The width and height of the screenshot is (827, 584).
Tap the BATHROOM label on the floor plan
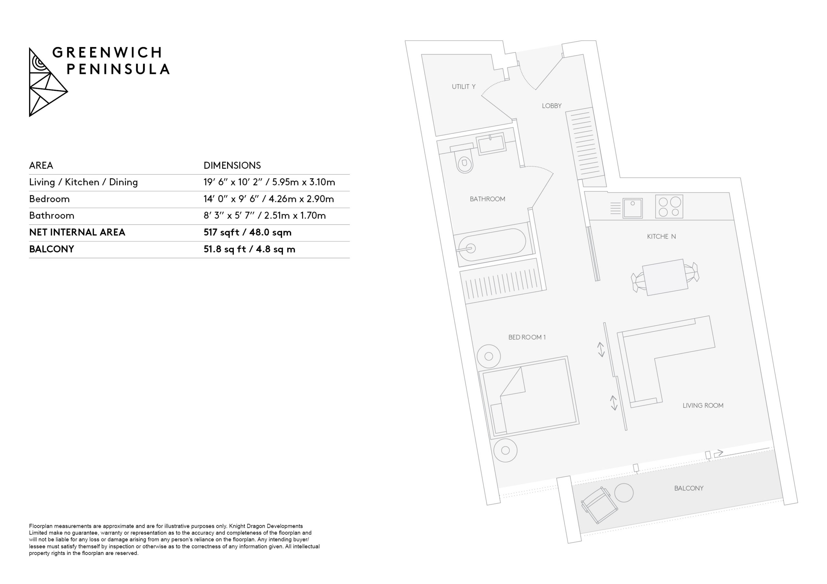click(487, 199)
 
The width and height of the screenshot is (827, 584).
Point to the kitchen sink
click(633, 208)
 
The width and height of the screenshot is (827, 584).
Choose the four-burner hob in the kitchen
click(669, 206)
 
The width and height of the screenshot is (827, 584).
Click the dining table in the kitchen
click(665, 277)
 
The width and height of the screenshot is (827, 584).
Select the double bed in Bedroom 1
click(529, 397)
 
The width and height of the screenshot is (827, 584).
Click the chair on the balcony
click(599, 505)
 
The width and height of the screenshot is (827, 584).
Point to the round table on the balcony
click(624, 493)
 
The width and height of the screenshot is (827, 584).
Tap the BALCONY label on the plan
click(689, 488)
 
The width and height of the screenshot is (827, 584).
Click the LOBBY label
click(551, 106)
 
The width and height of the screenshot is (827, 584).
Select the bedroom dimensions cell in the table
click(269, 199)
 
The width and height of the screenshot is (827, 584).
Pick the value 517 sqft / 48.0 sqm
click(247, 232)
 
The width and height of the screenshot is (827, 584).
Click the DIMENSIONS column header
click(232, 166)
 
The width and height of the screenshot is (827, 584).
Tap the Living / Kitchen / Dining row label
click(84, 182)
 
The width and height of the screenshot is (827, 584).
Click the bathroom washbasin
click(491, 144)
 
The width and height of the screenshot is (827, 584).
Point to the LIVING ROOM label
click(703, 406)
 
